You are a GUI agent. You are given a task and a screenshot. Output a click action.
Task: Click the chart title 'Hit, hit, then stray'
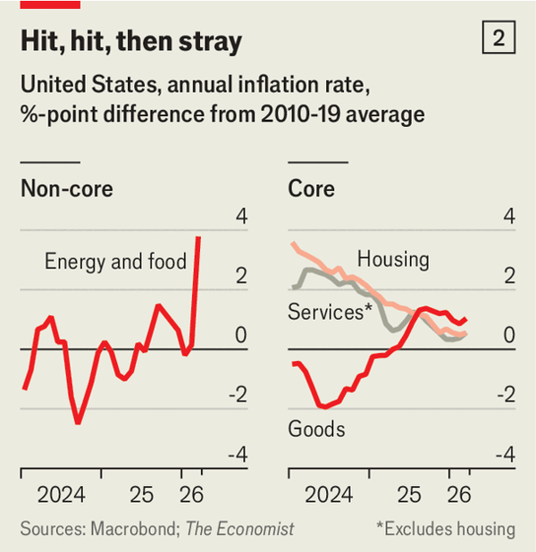(130, 42)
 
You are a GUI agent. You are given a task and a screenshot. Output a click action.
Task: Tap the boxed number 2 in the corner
(498, 38)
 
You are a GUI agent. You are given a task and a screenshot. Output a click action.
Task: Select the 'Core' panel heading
(311, 188)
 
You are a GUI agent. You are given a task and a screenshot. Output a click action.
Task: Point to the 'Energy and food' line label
(115, 262)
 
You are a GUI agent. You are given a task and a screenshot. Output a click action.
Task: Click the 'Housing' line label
(393, 260)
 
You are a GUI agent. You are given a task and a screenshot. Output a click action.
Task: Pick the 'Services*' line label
(330, 313)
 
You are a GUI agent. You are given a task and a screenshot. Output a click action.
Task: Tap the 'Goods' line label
(316, 429)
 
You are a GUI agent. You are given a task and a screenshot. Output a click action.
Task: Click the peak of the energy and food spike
(197, 237)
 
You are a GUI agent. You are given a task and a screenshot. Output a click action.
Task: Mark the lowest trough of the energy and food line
(79, 422)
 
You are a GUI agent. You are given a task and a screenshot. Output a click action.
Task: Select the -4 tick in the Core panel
(506, 455)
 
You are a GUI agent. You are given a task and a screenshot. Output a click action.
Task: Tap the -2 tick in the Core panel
(506, 396)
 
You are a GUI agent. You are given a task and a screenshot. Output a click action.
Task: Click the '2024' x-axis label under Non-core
(61, 494)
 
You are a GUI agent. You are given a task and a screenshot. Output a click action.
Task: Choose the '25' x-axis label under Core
(408, 494)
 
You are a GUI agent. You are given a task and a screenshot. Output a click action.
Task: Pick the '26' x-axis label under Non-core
(190, 494)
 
